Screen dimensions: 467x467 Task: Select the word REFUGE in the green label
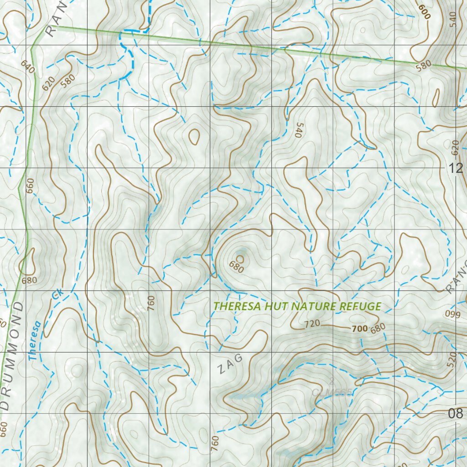point(360,306)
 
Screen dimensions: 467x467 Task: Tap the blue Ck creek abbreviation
point(57,294)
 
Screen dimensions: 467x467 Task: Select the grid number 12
point(455,169)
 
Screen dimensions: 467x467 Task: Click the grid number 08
point(455,414)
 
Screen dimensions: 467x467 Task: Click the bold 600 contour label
point(424,9)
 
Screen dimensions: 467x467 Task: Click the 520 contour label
point(452,360)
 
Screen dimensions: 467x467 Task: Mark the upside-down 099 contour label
point(453,314)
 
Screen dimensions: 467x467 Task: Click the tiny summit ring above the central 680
point(240,259)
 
